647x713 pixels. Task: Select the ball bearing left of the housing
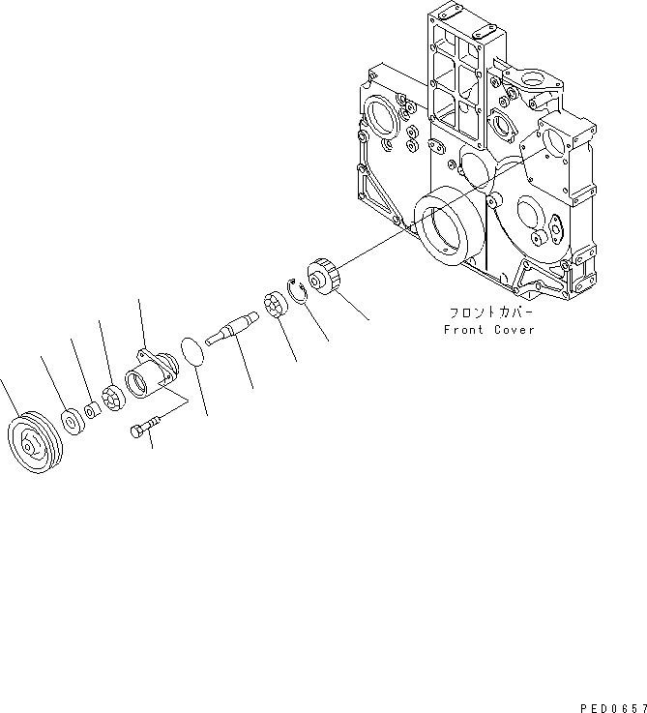[112, 398]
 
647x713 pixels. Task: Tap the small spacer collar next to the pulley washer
[90, 410]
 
